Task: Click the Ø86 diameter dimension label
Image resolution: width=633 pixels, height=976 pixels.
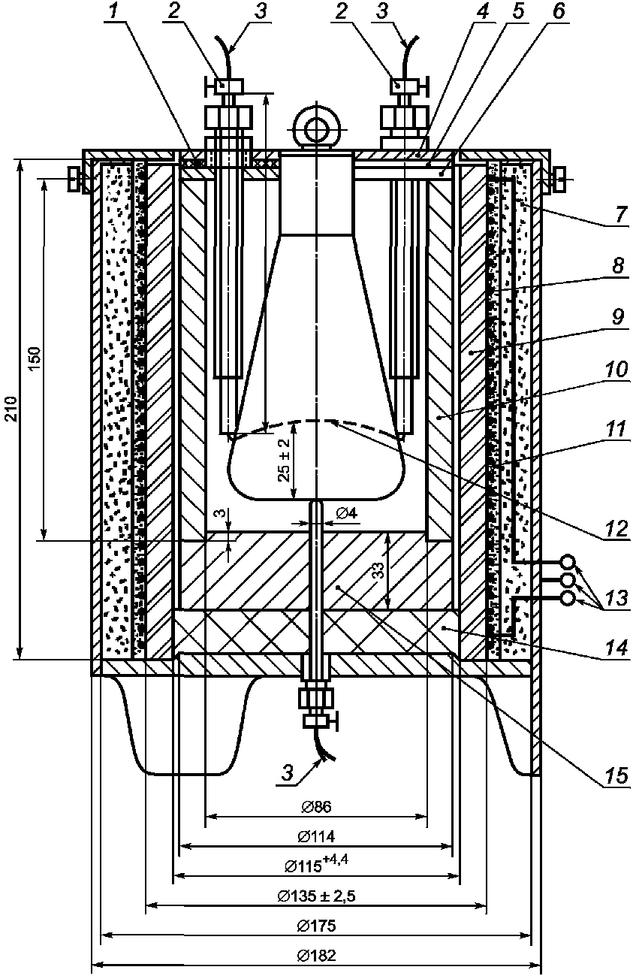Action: click(316, 806)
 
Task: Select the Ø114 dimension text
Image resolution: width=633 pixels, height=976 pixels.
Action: click(316, 836)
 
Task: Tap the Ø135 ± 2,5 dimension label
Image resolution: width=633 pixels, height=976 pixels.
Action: click(316, 896)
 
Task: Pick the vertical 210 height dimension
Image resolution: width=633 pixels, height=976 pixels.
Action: click(13, 408)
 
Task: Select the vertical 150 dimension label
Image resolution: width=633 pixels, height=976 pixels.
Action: click(36, 358)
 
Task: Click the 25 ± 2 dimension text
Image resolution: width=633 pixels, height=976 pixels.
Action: click(284, 460)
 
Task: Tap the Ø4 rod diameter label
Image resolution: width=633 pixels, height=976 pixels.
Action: click(347, 513)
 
